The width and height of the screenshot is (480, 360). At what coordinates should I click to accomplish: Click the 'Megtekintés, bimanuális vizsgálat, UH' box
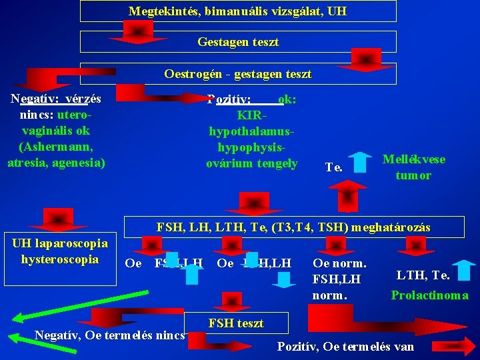coord(237,11)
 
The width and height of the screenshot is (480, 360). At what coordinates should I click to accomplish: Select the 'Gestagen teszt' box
coord(237,42)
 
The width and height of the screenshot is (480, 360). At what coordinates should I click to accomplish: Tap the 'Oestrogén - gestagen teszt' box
coord(237,73)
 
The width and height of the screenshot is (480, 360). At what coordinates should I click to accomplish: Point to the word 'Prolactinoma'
coord(429,295)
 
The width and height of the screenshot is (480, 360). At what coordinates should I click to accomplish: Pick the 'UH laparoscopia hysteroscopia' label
coord(60,251)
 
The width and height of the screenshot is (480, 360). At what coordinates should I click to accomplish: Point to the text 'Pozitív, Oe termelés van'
coord(345,346)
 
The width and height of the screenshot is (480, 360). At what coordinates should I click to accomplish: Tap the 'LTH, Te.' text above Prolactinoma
coord(423,275)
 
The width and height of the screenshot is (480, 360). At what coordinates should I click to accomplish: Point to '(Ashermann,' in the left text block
coord(56,147)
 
